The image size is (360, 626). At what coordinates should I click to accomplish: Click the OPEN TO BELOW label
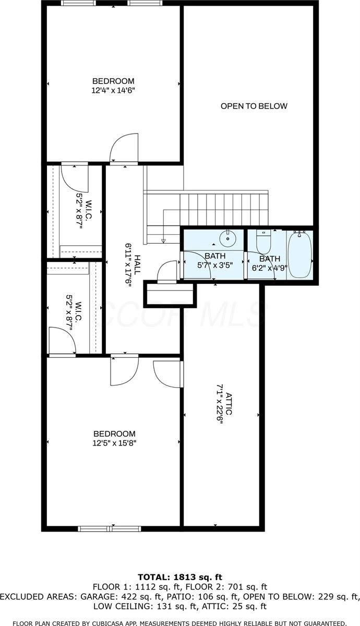[254, 106]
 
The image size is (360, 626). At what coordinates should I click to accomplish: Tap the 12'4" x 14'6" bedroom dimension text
[113, 90]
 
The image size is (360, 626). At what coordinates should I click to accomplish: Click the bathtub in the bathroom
[299, 255]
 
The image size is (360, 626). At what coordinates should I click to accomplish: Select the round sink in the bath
[227, 239]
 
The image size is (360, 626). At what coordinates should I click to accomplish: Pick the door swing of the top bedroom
[123, 148]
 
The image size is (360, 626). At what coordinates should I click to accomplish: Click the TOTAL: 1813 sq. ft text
[180, 577]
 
